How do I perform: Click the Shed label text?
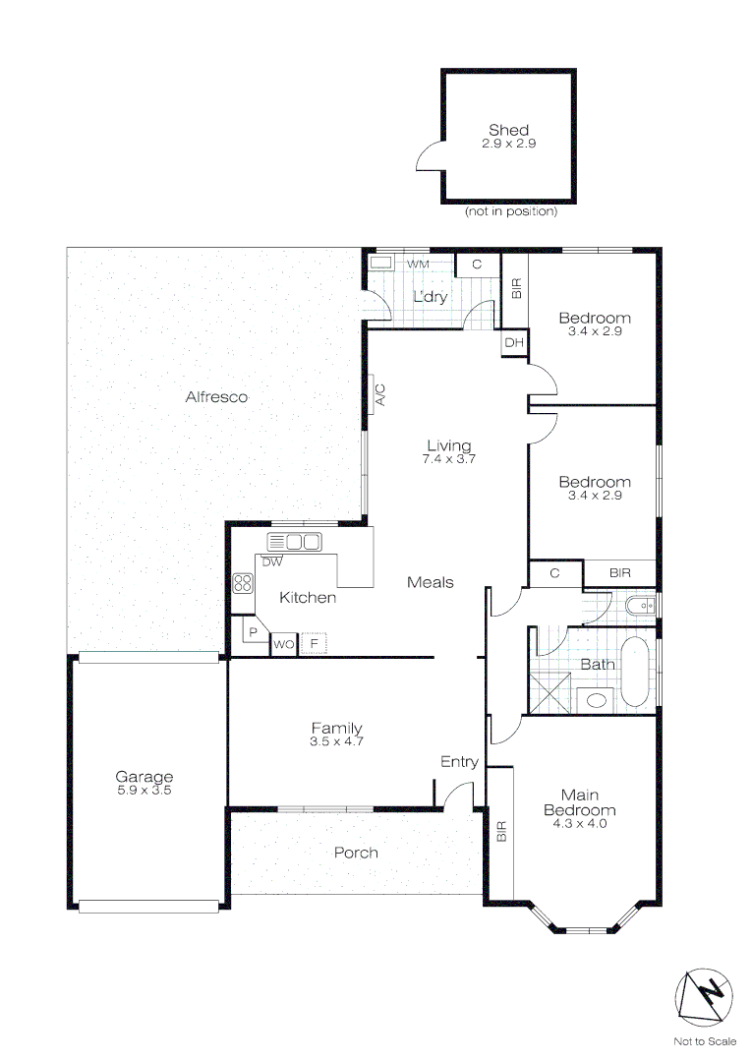pos(508,130)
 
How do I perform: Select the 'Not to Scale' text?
pos(705,1041)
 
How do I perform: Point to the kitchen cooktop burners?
pos(242,582)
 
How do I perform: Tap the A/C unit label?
pos(378,395)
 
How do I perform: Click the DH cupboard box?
pos(513,342)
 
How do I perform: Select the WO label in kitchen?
pos(283,644)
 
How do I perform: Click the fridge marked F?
pos(314,644)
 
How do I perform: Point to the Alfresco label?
pos(216,397)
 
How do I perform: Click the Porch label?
pos(356,853)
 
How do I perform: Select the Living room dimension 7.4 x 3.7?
pos(448,458)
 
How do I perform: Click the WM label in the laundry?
pos(419,265)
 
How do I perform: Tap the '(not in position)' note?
pos(510,211)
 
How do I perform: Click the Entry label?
pos(459,761)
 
